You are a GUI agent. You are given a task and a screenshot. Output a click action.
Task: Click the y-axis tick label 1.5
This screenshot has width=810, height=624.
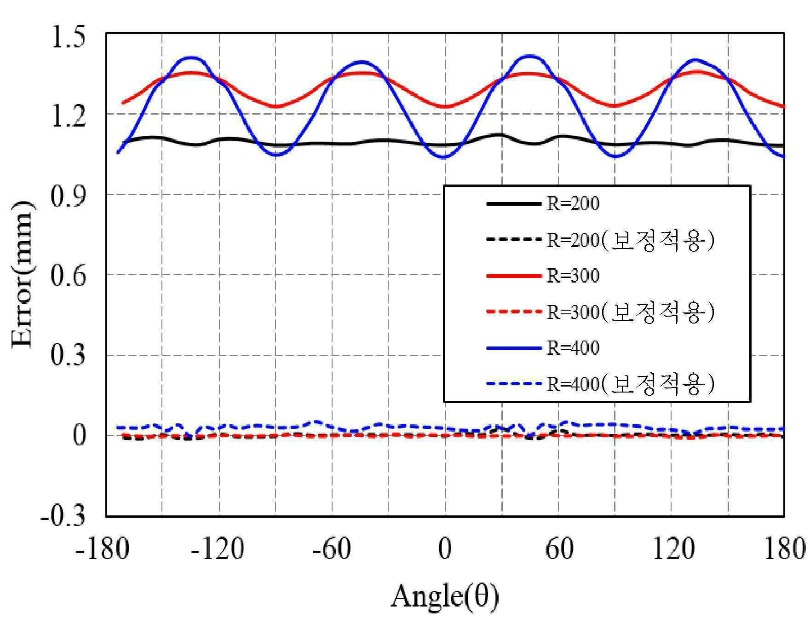click(68, 37)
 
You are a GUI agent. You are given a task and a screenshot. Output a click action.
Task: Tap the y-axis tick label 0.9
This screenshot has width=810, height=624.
click(68, 196)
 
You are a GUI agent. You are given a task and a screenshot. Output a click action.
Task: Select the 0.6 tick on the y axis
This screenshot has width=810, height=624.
click(68, 277)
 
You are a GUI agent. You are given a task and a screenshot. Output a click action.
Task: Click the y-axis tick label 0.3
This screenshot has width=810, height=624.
click(68, 357)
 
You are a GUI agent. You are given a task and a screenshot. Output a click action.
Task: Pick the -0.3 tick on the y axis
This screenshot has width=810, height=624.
click(63, 516)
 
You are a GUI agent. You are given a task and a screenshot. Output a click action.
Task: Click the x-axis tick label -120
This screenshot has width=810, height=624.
click(218, 549)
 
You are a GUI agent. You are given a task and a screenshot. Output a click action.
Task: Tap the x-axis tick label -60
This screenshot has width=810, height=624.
click(331, 549)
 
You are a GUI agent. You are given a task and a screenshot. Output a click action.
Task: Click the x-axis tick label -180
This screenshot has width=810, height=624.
click(102, 549)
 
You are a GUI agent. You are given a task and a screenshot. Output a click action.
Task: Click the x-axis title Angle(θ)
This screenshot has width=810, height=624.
click(445, 597)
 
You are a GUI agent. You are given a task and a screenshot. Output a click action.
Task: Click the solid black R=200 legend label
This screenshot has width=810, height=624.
click(573, 204)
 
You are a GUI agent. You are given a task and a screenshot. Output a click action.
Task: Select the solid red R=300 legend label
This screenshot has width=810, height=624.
click(573, 276)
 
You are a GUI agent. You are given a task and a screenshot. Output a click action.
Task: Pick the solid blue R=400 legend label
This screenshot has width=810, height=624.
click(573, 348)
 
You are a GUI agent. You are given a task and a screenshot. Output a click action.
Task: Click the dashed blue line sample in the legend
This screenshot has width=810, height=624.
click(514, 384)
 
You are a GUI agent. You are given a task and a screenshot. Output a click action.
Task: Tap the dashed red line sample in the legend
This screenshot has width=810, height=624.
click(514, 312)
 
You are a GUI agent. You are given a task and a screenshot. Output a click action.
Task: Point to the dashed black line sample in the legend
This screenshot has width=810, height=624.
click(514, 239)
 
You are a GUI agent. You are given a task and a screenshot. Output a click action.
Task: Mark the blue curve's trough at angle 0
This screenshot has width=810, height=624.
click(445, 157)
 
